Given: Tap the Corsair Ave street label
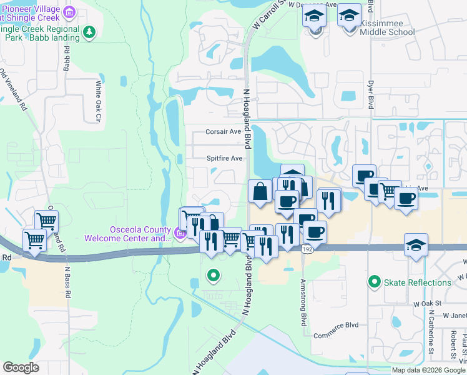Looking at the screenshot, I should tap(224, 132).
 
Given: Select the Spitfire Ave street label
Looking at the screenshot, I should tap(224, 159).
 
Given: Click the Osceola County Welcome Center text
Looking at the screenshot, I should tap(128, 233).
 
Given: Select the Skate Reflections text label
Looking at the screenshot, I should tap(417, 282).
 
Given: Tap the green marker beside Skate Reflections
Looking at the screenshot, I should tap(375, 282).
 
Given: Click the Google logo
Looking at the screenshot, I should tap(21, 367).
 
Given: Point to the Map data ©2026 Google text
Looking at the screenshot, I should tap(428, 370).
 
